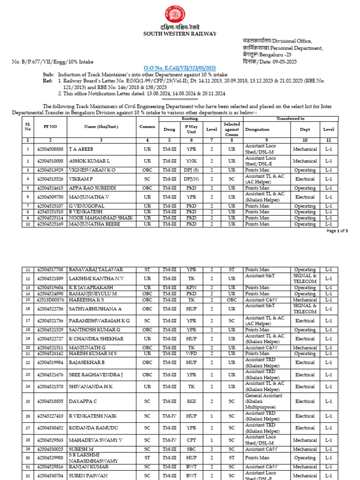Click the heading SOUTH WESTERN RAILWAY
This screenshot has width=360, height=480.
pos(180,34)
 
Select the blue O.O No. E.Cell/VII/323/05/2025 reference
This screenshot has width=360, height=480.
pos(180,68)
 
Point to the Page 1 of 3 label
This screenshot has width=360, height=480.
pos(337,231)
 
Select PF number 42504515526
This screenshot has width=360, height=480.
pos(50,179)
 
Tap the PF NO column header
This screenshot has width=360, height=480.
pos(50,127)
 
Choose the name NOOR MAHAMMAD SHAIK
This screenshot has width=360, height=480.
pos(101,218)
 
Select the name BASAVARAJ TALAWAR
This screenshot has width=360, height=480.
pos(96,270)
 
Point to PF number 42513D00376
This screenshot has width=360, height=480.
pos(50,300)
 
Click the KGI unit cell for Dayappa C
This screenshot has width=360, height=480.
pos(191,401)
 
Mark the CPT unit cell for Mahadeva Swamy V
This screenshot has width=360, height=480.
pos(191,440)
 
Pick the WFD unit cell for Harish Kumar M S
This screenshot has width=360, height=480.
pos(191,353)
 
